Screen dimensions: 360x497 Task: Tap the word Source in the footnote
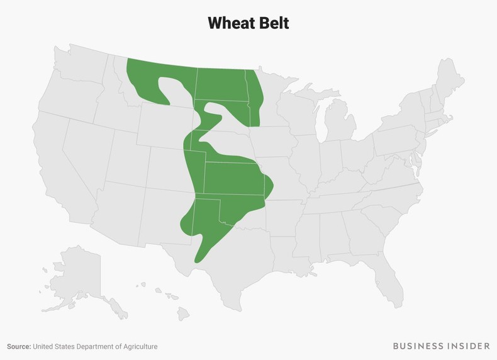(19, 346)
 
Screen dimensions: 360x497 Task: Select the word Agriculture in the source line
(138, 346)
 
